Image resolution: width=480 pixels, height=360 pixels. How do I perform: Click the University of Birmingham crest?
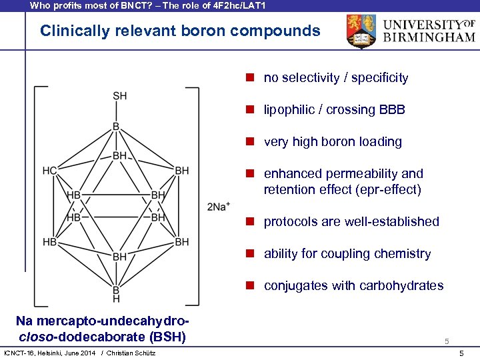pyautogui.click(x=361, y=31)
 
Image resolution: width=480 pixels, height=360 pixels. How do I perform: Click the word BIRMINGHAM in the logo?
pyautogui.click(x=430, y=38)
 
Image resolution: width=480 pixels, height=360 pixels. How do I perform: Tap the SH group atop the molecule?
pyautogui.click(x=119, y=96)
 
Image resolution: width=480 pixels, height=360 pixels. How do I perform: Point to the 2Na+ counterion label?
pyautogui.click(x=219, y=206)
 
